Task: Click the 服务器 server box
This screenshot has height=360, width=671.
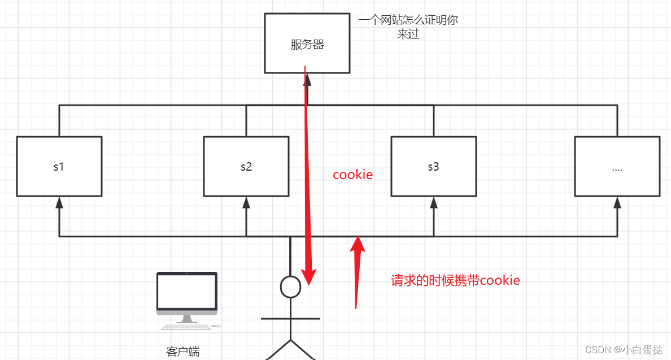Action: pos(307,44)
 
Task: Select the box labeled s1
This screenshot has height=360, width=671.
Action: pos(59,167)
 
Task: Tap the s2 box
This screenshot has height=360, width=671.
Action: pos(246,167)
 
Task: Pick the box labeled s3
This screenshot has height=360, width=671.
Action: pos(434,167)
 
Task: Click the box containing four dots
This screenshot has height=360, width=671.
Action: pos(617,167)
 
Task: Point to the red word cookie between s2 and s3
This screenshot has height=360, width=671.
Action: pos(353,175)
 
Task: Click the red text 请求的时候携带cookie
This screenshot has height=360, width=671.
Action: pos(455,280)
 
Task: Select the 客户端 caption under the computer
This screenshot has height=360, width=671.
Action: pos(183,352)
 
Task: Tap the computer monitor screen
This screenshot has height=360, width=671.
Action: pos(187,291)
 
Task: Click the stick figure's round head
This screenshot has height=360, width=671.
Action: pos(290,287)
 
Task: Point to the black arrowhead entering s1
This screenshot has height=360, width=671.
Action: pos(59,202)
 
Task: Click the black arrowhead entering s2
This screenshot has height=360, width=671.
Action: pos(246,202)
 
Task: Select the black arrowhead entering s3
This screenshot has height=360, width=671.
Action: pos(434,202)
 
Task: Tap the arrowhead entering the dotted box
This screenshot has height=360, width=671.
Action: pos(617,202)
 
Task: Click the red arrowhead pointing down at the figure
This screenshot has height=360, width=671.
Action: pos(308,277)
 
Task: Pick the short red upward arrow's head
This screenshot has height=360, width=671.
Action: pos(358,244)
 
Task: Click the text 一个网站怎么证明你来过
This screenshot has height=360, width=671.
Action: pos(408,27)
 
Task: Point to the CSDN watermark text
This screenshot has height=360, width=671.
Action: pos(624,350)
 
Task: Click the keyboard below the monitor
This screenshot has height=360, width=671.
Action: pos(186,327)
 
